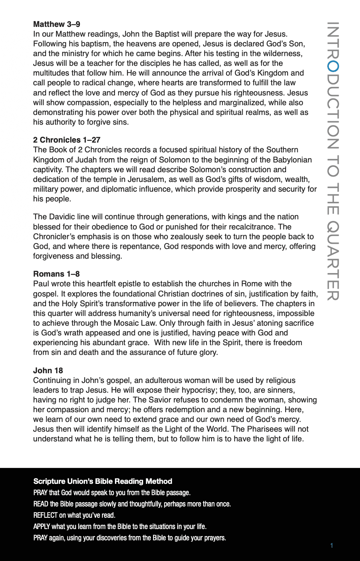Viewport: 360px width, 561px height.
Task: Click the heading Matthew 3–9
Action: [56, 24]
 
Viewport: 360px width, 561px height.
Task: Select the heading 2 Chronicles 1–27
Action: [67, 140]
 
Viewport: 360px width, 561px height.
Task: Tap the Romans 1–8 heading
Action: [56, 274]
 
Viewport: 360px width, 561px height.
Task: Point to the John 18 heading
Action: [48, 370]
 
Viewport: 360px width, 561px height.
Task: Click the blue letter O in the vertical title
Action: [332, 67]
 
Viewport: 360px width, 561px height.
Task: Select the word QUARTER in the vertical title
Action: [332, 261]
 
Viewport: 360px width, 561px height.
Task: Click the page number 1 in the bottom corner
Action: [332, 545]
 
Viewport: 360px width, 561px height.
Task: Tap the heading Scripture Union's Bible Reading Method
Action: [103, 481]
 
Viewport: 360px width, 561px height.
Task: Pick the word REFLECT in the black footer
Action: [46, 515]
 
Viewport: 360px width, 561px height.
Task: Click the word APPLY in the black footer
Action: [42, 527]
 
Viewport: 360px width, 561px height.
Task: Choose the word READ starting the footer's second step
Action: [41, 504]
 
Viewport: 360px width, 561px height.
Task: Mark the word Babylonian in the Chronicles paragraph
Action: [293, 160]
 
